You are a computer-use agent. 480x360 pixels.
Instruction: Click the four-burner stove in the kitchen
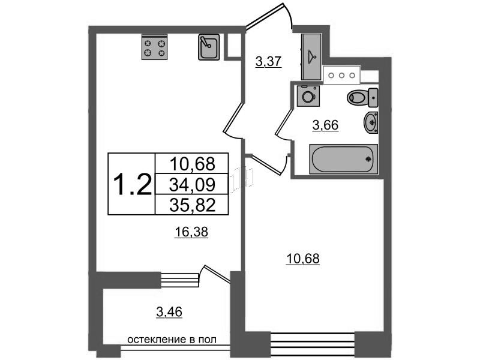155,47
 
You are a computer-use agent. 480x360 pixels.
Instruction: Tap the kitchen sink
209,47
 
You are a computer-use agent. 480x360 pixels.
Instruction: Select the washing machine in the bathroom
308,96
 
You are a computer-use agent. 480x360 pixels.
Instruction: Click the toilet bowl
357,98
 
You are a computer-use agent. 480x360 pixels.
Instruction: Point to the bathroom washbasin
371,122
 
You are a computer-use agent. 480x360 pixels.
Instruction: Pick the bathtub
343,159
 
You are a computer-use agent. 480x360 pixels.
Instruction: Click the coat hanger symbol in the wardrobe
311,55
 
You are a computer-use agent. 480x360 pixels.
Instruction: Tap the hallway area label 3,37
268,62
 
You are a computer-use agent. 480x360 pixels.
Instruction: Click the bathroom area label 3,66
325,125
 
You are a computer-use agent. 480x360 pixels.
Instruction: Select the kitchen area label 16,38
191,232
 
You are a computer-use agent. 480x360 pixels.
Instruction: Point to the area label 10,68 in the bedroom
303,259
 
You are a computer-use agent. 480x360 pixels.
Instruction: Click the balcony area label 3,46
169,312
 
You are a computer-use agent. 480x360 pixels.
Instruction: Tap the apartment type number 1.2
132,184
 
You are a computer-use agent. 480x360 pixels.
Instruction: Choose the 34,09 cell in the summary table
193,184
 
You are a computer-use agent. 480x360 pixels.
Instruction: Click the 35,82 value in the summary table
193,205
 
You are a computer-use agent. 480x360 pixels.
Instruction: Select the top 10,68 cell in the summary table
193,163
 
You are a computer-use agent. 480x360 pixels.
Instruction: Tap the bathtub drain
368,159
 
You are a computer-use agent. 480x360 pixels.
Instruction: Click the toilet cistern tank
373,98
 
